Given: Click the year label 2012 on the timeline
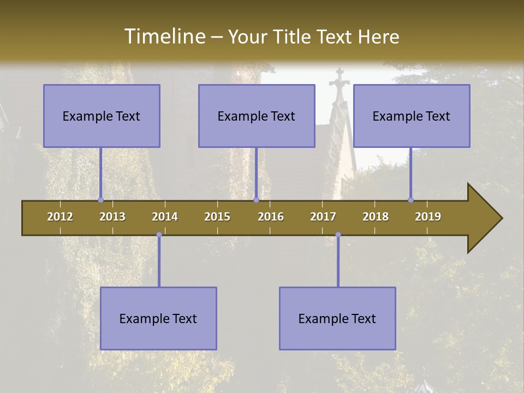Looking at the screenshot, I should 60,217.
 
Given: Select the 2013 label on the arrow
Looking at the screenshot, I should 112,217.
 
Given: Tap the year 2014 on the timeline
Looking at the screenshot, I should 165,217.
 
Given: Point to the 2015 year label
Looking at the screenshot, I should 217,217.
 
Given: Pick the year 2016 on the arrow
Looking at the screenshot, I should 271,217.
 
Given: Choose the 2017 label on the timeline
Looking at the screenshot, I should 323,217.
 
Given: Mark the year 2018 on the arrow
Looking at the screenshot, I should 376,217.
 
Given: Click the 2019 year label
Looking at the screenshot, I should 428,217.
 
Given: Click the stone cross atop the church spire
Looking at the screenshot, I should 340,76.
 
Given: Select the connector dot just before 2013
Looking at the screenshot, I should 100,200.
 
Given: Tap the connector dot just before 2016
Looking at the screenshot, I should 256,200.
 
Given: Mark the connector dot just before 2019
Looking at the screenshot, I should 410,200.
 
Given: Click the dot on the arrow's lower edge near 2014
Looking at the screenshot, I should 159,235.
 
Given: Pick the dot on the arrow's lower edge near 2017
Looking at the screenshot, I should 338,235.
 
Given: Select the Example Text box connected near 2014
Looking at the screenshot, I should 158,318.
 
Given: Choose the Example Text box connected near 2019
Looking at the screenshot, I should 412,116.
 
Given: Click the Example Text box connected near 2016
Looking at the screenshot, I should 257,116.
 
